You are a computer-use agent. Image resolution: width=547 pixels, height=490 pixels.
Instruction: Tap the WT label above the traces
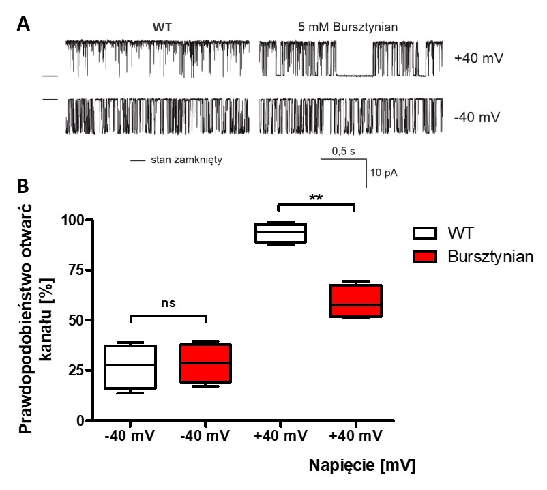[x=163, y=27]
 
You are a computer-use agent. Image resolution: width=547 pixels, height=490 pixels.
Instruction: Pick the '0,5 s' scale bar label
[x=343, y=151]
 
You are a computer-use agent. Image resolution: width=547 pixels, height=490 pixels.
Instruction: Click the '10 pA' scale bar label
[x=383, y=173]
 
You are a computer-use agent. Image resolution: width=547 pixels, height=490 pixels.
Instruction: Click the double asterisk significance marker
[x=316, y=198]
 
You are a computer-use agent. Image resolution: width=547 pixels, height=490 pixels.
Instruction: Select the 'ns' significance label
[x=168, y=304]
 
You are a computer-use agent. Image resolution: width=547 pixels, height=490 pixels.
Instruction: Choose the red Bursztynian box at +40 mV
[x=354, y=300]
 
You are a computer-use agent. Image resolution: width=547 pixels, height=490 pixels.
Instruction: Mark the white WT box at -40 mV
[x=135, y=366]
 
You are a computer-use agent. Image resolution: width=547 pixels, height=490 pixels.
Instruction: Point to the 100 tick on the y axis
[x=80, y=220]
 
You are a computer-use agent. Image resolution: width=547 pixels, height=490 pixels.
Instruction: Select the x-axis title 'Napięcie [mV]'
[x=361, y=466]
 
